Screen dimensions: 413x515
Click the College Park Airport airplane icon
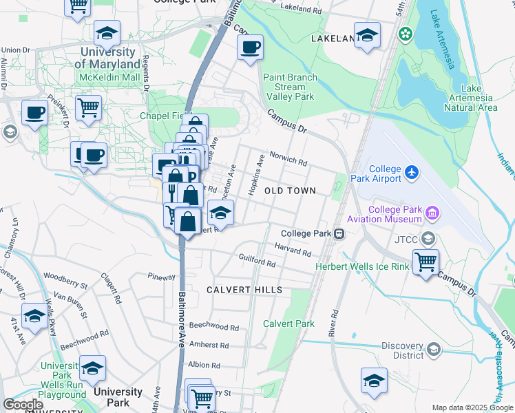pyautogui.click(x=412, y=171)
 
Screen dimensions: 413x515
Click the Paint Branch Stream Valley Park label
pyautogui.click(x=294, y=87)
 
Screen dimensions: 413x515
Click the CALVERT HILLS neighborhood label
pyautogui.click(x=244, y=290)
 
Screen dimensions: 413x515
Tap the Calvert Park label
pyautogui.click(x=288, y=324)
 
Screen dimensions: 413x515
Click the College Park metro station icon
pyautogui.click(x=339, y=234)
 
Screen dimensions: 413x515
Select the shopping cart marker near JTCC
pyautogui.click(x=426, y=262)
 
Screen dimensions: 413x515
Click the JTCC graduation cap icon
pyautogui.click(x=428, y=239)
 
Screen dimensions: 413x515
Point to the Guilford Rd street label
pyautogui.click(x=257, y=263)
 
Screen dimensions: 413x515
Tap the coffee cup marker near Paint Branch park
pyautogui.click(x=250, y=47)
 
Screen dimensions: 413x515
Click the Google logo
pyautogui.click(x=23, y=404)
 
